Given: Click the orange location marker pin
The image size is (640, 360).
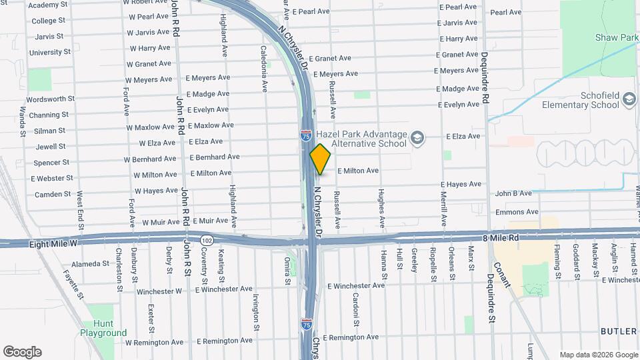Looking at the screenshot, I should click(x=321, y=159).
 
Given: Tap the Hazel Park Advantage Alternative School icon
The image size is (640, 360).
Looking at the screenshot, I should click(x=417, y=138).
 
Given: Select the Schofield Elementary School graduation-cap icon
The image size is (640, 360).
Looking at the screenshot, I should click(x=629, y=101).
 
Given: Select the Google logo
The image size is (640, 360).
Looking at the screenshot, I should click(x=22, y=352).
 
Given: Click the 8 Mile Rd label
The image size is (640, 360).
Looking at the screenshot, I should click(x=500, y=237).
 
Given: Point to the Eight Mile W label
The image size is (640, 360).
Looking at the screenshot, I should click(x=54, y=245).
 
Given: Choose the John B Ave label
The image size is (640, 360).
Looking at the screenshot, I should click(x=513, y=193).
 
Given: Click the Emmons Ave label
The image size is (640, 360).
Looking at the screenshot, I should click(x=517, y=212).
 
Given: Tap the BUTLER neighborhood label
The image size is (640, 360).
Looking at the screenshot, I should click(x=619, y=331).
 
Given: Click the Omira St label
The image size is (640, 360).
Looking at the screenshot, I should click(x=287, y=271).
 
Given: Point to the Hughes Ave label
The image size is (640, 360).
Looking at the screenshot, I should click(x=381, y=207).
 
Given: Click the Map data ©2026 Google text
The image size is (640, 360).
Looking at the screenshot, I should click(x=598, y=355).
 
